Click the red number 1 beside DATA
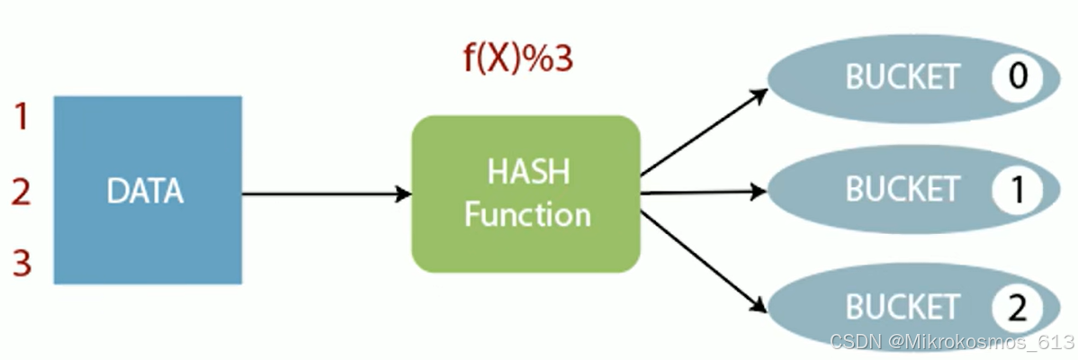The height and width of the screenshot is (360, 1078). pyautogui.click(x=22, y=116)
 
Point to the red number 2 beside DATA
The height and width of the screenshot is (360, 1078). pyautogui.click(x=22, y=191)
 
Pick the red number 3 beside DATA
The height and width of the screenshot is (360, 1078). pyautogui.click(x=22, y=264)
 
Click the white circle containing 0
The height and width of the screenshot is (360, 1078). pyautogui.click(x=1018, y=76)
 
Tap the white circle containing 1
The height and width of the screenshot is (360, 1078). pyautogui.click(x=1018, y=189)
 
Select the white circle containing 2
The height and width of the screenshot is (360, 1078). pyautogui.click(x=1018, y=308)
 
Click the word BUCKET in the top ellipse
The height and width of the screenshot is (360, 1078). pyautogui.click(x=903, y=77)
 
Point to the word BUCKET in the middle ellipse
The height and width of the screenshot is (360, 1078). pyautogui.click(x=903, y=189)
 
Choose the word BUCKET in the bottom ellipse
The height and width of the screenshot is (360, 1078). pyautogui.click(x=903, y=308)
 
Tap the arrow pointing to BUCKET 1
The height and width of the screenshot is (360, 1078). pyautogui.click(x=702, y=192)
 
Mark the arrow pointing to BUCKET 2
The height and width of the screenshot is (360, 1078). pyautogui.click(x=702, y=261)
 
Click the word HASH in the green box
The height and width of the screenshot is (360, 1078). pyautogui.click(x=526, y=171)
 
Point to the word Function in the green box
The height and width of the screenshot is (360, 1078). pyautogui.click(x=526, y=215)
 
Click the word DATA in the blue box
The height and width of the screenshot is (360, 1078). pyautogui.click(x=144, y=191)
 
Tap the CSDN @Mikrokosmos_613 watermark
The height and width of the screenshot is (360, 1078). pyautogui.click(x=952, y=342)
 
